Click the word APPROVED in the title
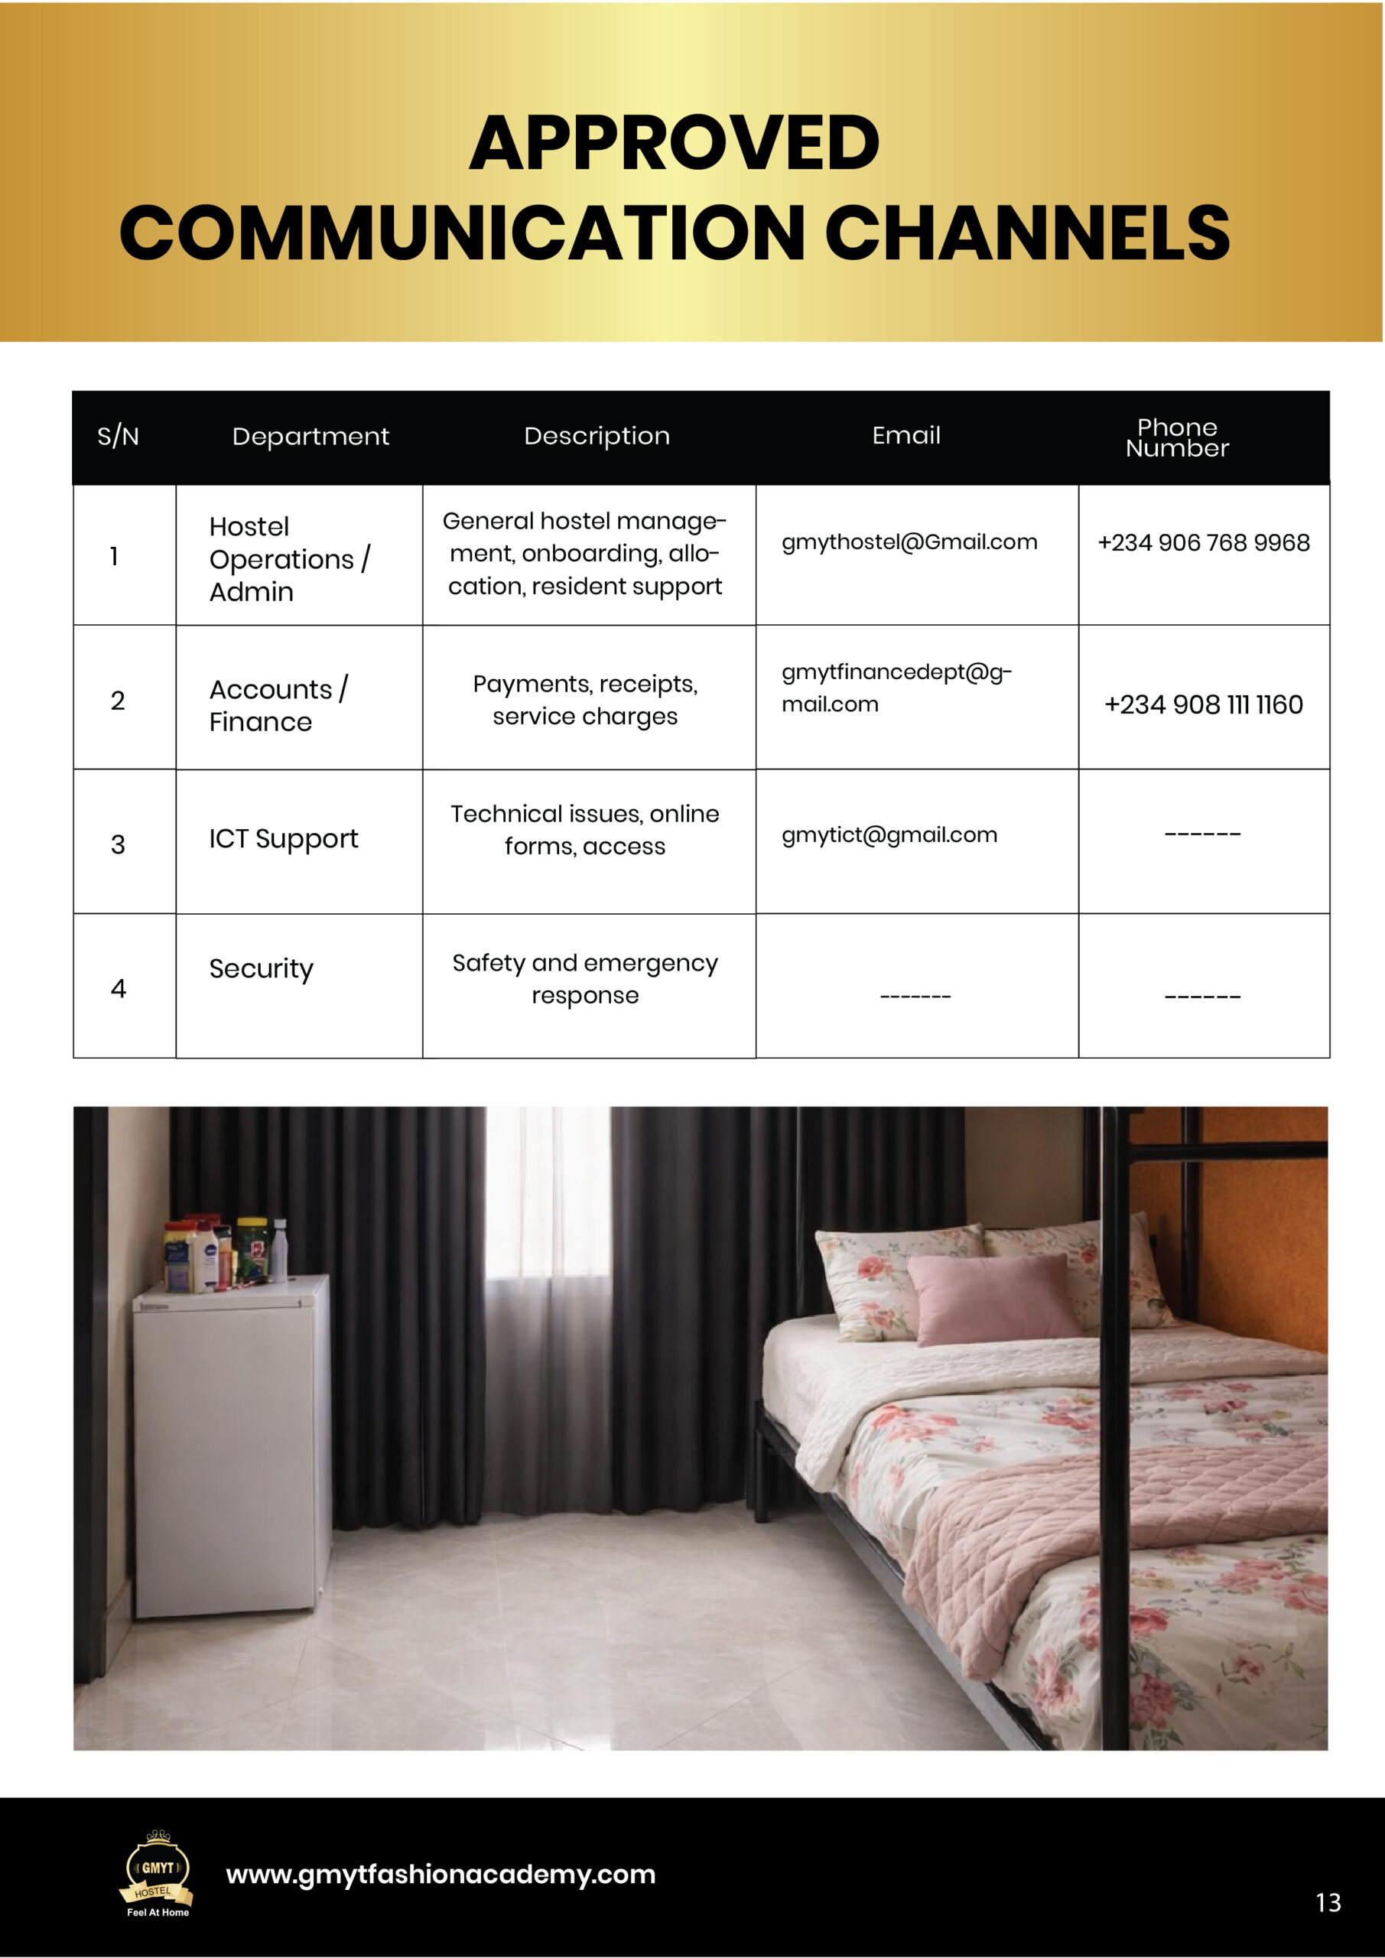pyautogui.click(x=674, y=143)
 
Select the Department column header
pyautogui.click(x=310, y=437)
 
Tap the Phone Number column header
pyautogui.click(x=1177, y=437)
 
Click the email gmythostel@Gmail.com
pyautogui.click(x=909, y=542)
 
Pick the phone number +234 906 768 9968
pyautogui.click(x=1203, y=543)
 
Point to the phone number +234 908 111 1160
pyautogui.click(x=1203, y=705)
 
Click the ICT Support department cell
pyautogui.click(x=283, y=839)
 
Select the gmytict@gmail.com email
pyautogui.click(x=889, y=835)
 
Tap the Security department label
pyautogui.click(x=261, y=969)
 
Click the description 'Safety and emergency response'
pyautogui.click(x=585, y=979)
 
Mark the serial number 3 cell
pyautogui.click(x=118, y=844)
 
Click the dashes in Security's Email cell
pyautogui.click(x=915, y=996)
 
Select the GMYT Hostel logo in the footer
pyautogui.click(x=157, y=1874)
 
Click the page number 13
pyautogui.click(x=1328, y=1903)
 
